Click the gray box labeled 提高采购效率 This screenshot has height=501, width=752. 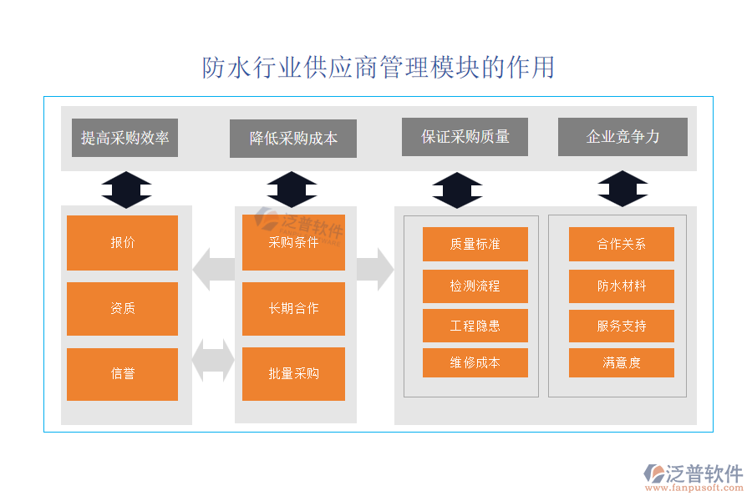[x=124, y=138]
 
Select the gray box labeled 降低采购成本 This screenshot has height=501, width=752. [x=293, y=139]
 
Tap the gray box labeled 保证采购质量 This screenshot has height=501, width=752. [x=465, y=137]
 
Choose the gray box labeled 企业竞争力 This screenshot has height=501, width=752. [x=622, y=137]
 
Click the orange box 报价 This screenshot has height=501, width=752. [x=122, y=243]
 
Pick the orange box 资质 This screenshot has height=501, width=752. [x=122, y=308]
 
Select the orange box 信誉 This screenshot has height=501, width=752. [x=122, y=374]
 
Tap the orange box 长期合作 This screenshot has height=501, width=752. [x=293, y=308]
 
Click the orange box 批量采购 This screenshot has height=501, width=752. [x=293, y=374]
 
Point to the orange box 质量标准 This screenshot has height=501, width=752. [x=475, y=244]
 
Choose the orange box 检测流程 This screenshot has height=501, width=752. [x=475, y=286]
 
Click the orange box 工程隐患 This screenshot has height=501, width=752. [x=475, y=326]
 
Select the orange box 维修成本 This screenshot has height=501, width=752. [x=475, y=362]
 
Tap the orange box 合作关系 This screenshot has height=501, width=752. [x=622, y=244]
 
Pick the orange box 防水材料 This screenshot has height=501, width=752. [x=622, y=286]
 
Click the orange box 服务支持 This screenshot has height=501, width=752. [x=622, y=326]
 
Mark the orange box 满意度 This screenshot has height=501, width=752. [x=622, y=362]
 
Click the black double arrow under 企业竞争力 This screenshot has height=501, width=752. [x=622, y=189]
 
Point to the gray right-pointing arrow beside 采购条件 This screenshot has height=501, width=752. [x=374, y=269]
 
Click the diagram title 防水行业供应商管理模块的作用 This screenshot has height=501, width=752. [x=379, y=68]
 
